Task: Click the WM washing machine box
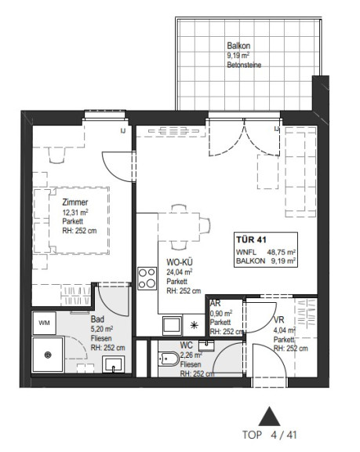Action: click(45, 323)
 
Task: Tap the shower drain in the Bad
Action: click(48, 355)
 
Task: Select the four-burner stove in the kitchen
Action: click(147, 279)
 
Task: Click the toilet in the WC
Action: click(168, 359)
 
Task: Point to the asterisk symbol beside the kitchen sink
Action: click(195, 326)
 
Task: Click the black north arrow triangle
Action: click(269, 416)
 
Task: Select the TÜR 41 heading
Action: click(251, 239)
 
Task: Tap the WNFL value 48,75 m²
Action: click(281, 252)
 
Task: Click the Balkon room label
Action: click(238, 46)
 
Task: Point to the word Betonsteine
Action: click(244, 65)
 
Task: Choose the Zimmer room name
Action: click(75, 202)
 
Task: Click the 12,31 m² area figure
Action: click(75, 213)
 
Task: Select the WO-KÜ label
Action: click(180, 262)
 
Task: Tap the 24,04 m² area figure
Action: click(180, 272)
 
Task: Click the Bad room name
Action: click(97, 319)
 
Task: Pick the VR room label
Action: click(278, 319)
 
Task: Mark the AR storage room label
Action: click(216, 303)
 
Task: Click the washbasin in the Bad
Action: click(114, 364)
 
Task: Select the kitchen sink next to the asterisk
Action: click(173, 326)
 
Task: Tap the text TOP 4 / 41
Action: click(269, 435)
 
